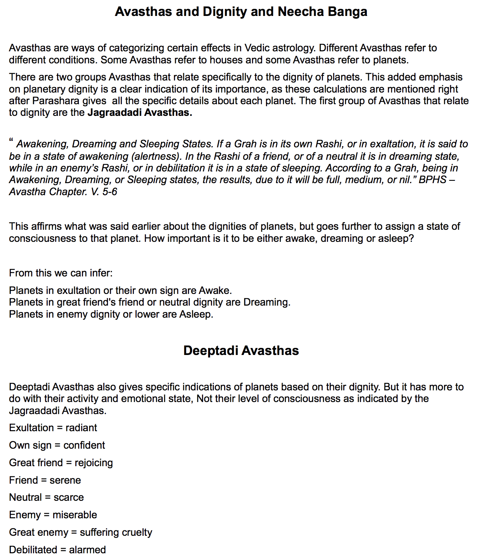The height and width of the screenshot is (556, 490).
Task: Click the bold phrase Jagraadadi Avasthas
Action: [140, 113]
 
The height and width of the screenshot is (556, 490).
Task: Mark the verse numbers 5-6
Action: [109, 192]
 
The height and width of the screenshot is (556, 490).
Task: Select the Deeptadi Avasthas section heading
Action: [241, 351]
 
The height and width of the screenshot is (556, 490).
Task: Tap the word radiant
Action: [81, 428]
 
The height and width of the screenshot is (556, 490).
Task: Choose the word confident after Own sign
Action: [84, 445]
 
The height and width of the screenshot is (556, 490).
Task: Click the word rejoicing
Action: [94, 463]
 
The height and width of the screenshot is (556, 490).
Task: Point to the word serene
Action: [65, 480]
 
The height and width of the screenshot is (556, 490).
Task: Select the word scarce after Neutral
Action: [69, 497]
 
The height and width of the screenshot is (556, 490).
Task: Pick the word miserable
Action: [75, 515]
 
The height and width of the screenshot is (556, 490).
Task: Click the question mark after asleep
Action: [412, 238]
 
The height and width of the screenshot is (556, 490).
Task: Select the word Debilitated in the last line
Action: [33, 550]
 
